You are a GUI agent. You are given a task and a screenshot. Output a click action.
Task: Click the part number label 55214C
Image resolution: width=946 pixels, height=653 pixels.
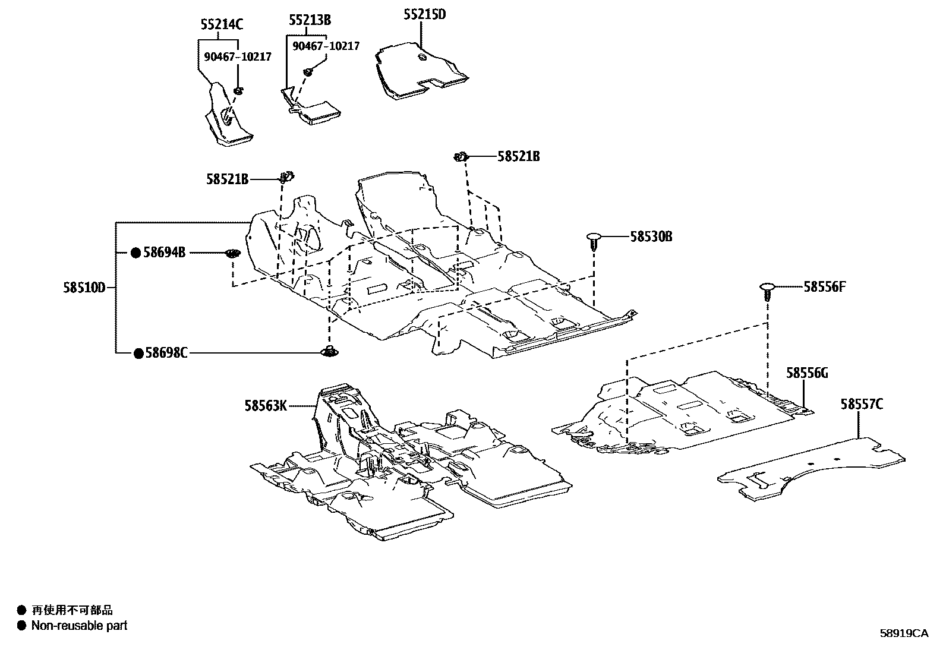pyautogui.click(x=221, y=24)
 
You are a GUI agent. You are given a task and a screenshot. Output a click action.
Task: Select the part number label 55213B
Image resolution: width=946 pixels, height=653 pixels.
pyautogui.click(x=310, y=20)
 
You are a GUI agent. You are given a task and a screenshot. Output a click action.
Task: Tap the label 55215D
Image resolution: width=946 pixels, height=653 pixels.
pyautogui.click(x=424, y=14)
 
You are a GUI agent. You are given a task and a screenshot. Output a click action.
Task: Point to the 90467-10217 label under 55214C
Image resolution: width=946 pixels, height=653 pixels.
pyautogui.click(x=238, y=57)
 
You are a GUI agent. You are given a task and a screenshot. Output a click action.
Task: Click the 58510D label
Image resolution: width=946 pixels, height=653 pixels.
pyautogui.click(x=84, y=288)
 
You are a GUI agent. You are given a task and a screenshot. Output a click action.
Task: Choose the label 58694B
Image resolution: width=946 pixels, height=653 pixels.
pyautogui.click(x=165, y=253)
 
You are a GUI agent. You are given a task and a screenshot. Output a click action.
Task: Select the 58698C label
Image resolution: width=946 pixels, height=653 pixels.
pyautogui.click(x=166, y=354)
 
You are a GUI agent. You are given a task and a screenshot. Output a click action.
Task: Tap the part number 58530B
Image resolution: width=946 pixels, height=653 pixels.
pyautogui.click(x=651, y=236)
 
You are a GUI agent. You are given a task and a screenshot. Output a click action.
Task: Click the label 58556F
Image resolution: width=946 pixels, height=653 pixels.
pyautogui.click(x=824, y=287)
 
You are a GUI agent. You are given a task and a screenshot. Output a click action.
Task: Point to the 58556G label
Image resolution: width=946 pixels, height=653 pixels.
pyautogui.click(x=807, y=373)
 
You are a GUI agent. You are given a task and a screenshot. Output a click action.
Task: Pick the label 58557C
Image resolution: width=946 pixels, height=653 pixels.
pyautogui.click(x=861, y=405)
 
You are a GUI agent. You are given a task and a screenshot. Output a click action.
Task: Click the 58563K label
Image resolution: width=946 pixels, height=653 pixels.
pyautogui.click(x=266, y=406)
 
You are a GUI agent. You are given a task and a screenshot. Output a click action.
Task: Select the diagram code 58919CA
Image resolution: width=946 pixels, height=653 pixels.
pyautogui.click(x=903, y=633)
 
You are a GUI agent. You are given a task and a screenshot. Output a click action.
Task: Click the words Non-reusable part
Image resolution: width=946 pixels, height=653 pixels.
pyautogui.click(x=79, y=625)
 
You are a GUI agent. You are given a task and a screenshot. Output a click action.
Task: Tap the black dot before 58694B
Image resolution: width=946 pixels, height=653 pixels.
pyautogui.click(x=136, y=253)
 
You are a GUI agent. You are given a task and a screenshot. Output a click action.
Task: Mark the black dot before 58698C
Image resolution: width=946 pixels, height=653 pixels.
pyautogui.click(x=138, y=354)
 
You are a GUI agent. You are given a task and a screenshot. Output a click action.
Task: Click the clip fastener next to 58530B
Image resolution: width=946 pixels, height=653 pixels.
pyautogui.click(x=594, y=240)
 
